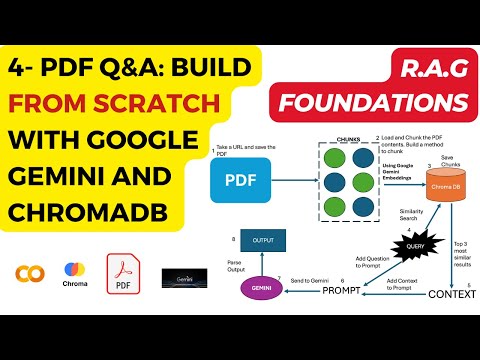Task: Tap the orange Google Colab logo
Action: tap(29, 272)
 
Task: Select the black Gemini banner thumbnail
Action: tap(183, 276)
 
